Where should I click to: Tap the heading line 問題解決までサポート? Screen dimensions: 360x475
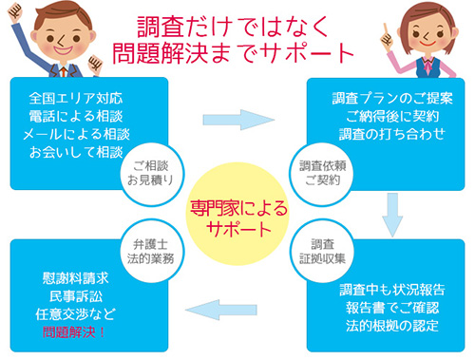tap(237, 50)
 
